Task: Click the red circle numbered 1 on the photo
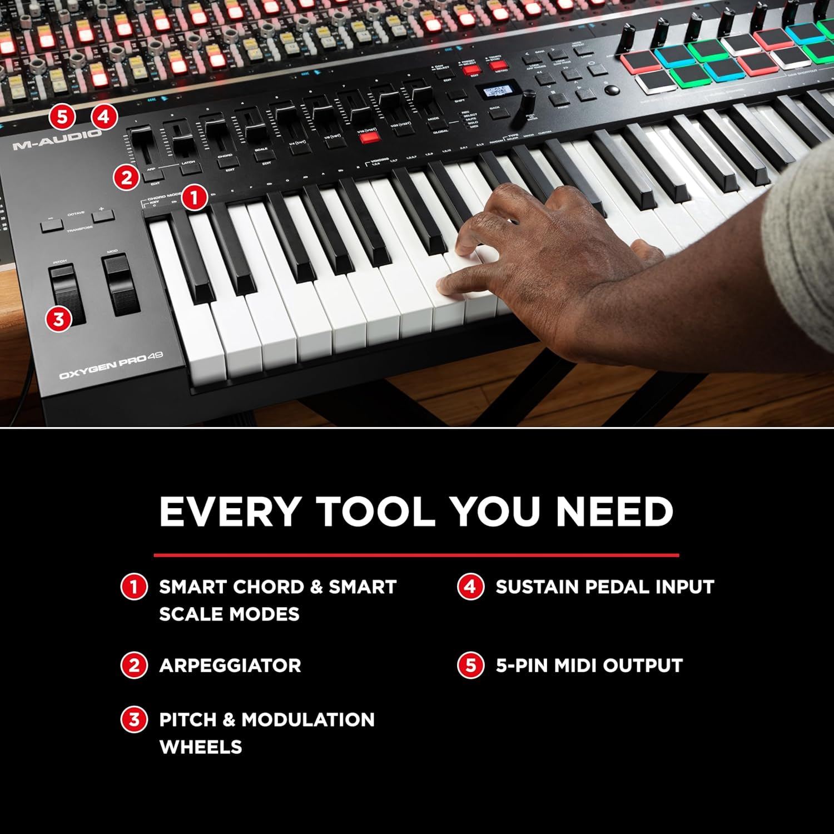tap(194, 197)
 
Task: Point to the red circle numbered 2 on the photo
tap(127, 177)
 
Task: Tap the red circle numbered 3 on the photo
tap(58, 319)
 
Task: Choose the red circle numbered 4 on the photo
tap(104, 117)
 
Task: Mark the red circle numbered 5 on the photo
tap(62, 117)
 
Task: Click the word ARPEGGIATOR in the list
tap(230, 666)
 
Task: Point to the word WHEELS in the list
tap(200, 747)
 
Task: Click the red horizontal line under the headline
tap(416, 555)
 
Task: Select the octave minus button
tap(52, 225)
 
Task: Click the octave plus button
tap(102, 214)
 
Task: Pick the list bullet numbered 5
tap(470, 666)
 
